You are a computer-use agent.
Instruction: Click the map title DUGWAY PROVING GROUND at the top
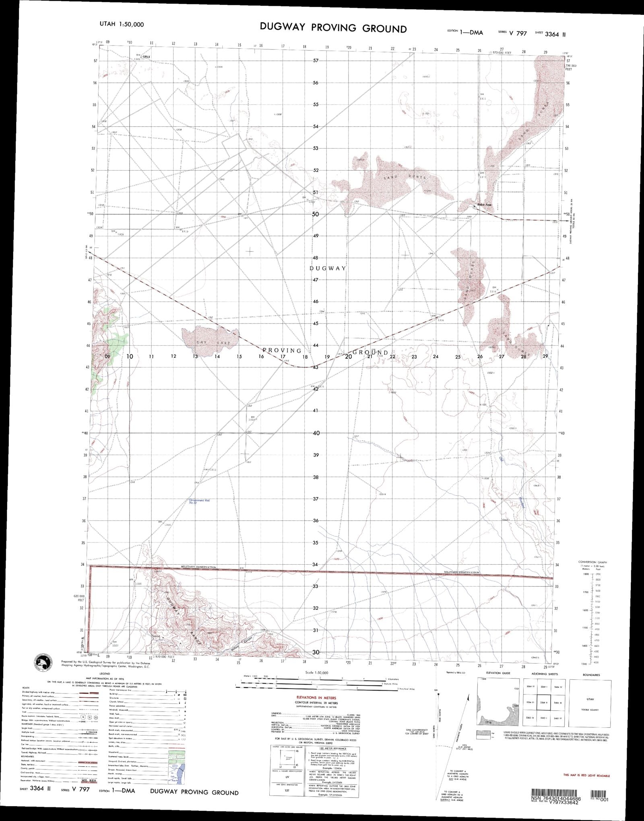tap(333, 28)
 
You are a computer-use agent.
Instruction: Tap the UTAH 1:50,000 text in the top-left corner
tap(121, 24)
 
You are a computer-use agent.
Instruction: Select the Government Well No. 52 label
tap(200, 501)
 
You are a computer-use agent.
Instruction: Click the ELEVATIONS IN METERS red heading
tap(316, 697)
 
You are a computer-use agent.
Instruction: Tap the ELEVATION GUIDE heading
tap(498, 673)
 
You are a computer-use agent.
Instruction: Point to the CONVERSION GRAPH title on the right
tap(592, 562)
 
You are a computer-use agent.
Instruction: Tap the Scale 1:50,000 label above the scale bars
tap(316, 672)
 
